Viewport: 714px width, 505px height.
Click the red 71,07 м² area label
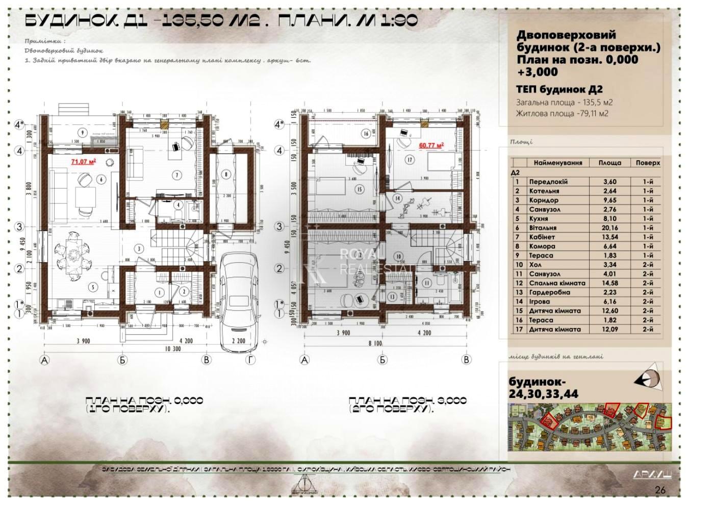(84, 162)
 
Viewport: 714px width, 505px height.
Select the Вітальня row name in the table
(543, 228)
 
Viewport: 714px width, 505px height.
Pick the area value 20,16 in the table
(609, 228)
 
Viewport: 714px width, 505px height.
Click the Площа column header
(609, 163)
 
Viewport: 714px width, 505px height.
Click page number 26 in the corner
(660, 490)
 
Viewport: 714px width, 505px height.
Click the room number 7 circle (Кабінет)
(177, 175)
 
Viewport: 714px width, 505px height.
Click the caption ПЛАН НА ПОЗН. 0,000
(144, 401)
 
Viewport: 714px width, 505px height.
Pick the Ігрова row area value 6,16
(609, 301)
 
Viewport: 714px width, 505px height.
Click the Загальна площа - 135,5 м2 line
(564, 102)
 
